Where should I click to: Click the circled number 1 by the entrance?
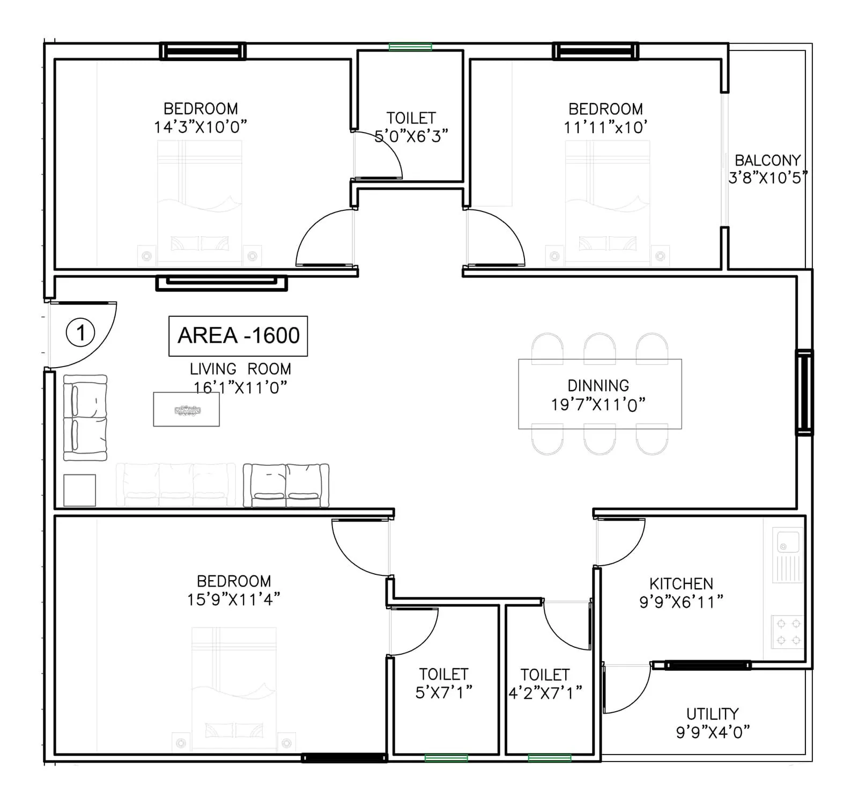[80, 333]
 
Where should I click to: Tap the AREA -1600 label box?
[238, 336]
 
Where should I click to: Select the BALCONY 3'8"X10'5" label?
[767, 169]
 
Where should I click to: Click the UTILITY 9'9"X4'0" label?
[712, 722]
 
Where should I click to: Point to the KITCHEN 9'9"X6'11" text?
[681, 593]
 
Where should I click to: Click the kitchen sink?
[787, 554]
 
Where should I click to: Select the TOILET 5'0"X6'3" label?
[411, 127]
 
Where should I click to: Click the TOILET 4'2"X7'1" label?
[545, 683]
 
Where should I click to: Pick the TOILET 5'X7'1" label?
[443, 683]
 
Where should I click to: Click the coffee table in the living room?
[187, 410]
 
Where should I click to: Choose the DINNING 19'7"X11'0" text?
[598, 395]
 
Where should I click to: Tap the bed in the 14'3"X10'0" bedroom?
[199, 201]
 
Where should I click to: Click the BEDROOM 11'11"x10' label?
[605, 118]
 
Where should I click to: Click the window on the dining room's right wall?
[804, 392]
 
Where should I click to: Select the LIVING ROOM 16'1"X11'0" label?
[240, 378]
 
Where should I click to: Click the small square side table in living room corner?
[80, 490]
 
